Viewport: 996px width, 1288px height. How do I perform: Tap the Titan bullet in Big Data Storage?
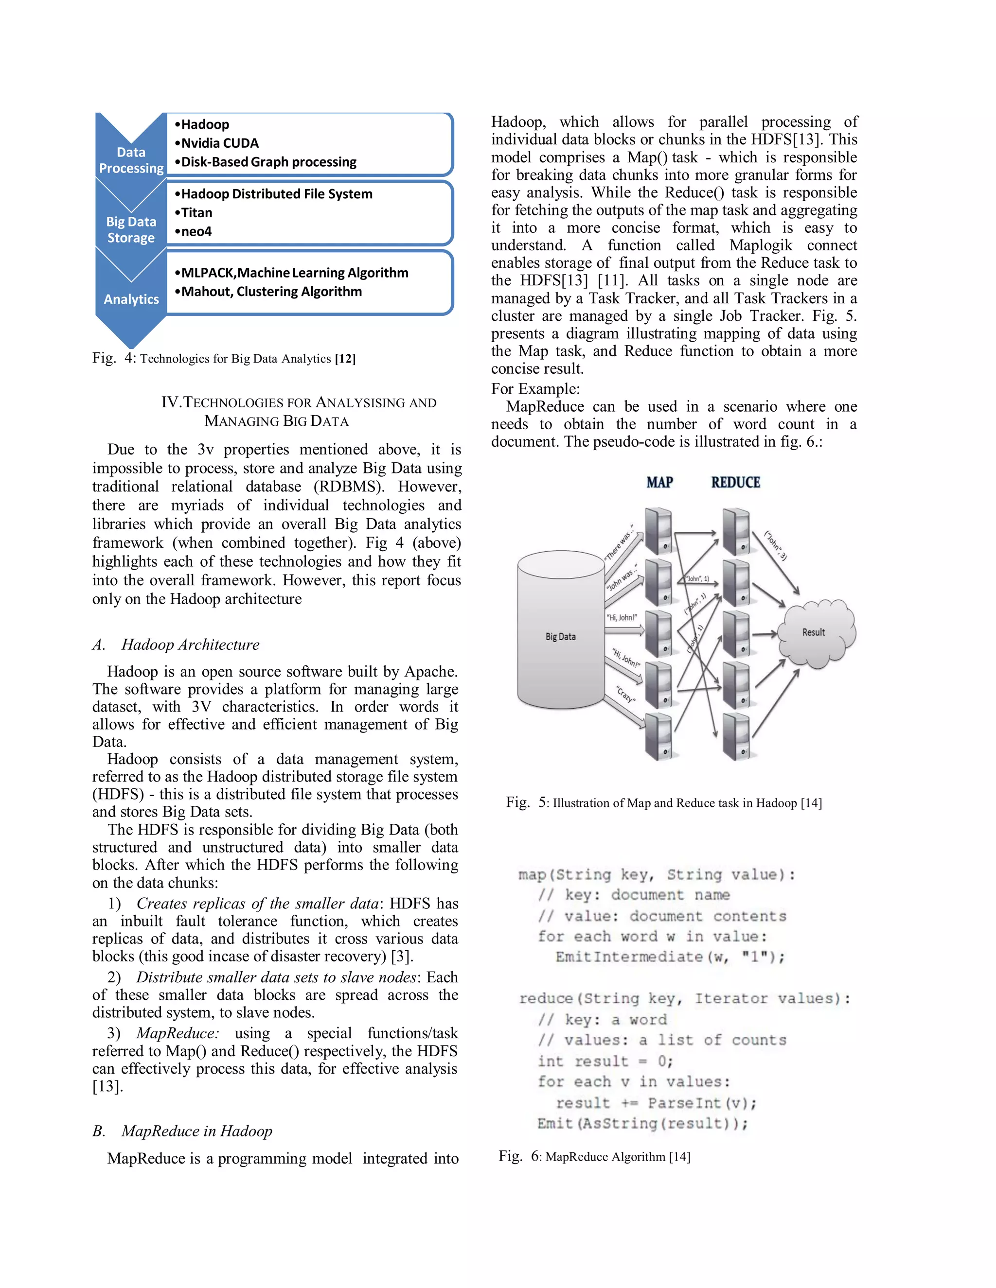pos(196,213)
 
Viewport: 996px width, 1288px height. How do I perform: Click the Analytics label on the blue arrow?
pos(131,299)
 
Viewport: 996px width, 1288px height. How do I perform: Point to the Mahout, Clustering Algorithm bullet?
pos(271,292)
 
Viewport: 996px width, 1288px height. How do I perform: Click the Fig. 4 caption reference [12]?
pos(345,359)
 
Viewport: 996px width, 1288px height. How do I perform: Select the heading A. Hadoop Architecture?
pos(176,644)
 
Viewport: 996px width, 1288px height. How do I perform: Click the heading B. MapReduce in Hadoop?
pos(182,1131)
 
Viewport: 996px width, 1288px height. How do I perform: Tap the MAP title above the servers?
pos(659,483)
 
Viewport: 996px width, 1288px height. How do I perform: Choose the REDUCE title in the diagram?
pos(735,483)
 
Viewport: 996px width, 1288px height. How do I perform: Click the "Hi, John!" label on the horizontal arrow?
pos(622,617)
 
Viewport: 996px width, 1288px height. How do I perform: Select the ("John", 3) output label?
pos(776,545)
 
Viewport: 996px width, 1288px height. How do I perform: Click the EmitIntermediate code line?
pos(670,957)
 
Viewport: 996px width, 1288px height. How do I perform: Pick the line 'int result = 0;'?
pos(605,1062)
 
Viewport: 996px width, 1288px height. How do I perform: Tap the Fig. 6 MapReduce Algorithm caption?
pos(594,1156)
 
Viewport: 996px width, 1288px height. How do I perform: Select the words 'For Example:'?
pos(535,389)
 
